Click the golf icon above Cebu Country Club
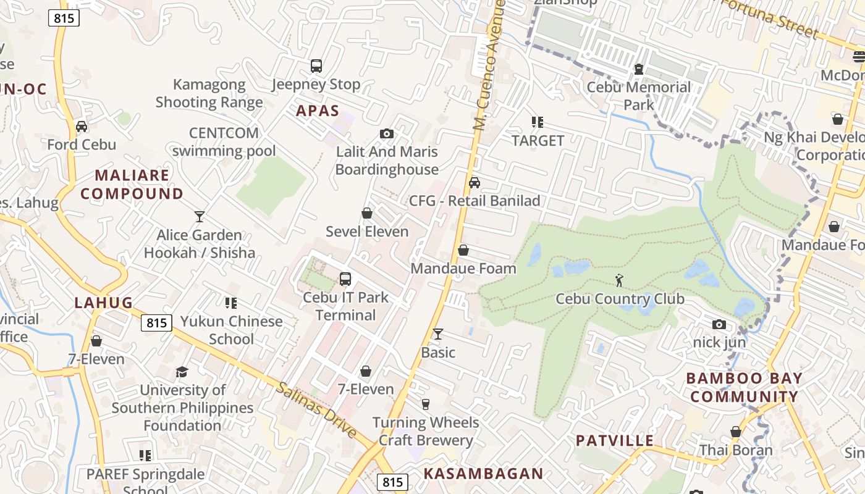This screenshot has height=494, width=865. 619,280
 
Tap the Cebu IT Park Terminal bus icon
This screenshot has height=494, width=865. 345,278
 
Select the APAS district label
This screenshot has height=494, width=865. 318,111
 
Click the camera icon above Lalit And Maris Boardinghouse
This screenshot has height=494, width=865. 387,133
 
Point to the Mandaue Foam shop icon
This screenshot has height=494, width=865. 463,250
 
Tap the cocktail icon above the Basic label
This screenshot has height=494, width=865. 438,334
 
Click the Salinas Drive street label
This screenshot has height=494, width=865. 316,410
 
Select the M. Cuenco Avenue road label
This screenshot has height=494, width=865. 490,65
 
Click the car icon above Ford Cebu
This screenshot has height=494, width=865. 82,127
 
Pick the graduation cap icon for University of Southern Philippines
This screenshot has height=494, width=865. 182,372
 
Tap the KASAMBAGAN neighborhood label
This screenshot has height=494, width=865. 483,474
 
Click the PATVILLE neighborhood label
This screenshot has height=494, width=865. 614,440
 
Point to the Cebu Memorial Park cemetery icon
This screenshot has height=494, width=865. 639,69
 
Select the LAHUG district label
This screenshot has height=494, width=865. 104,303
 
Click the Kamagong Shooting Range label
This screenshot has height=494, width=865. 209,93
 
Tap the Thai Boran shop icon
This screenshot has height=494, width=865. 735,432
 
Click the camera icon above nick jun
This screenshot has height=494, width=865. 719,324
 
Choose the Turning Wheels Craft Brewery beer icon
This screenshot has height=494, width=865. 426,404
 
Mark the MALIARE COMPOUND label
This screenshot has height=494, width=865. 132,184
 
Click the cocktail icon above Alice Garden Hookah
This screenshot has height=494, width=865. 199,216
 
